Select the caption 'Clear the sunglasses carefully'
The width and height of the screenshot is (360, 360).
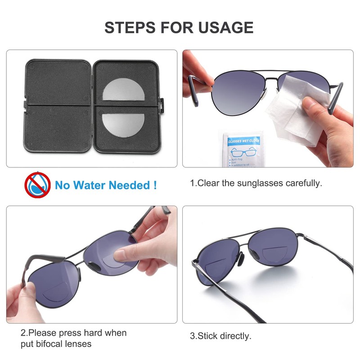(x=256, y=184)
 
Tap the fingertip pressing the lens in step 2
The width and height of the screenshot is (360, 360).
(x=122, y=256)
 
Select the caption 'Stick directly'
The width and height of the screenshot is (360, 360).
(x=220, y=336)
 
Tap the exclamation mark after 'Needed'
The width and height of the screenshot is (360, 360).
(x=155, y=184)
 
